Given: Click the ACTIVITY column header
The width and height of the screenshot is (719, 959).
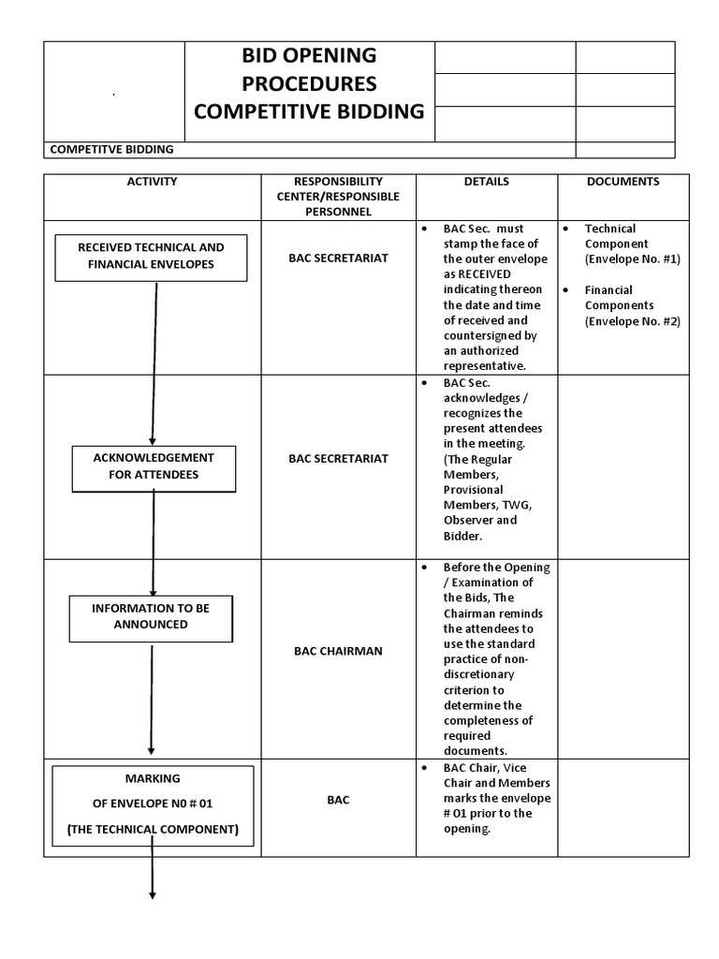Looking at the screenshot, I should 152,182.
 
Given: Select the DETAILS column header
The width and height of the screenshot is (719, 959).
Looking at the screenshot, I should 487,182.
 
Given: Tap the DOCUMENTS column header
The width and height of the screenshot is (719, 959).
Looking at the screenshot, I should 623,182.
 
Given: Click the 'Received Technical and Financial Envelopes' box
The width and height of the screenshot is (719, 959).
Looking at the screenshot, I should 151,256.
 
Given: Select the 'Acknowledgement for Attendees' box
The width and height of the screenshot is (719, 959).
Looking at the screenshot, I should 153,466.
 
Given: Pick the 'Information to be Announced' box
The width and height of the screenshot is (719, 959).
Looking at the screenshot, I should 151,616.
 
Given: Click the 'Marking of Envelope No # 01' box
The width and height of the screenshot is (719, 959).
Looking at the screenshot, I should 152,804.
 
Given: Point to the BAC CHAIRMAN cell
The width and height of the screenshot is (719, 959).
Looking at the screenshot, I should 338,651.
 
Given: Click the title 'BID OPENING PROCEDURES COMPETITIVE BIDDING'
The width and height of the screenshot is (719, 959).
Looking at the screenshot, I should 309,83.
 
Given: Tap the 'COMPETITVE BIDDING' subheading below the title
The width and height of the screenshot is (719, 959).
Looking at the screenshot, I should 111,150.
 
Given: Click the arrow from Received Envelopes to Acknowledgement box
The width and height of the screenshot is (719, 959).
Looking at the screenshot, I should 154,361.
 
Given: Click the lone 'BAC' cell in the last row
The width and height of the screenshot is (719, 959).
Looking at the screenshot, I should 338,801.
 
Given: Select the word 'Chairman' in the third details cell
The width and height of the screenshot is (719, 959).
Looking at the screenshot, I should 470,613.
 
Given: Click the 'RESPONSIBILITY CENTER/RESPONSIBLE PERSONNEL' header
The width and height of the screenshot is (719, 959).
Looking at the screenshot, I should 338,197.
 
